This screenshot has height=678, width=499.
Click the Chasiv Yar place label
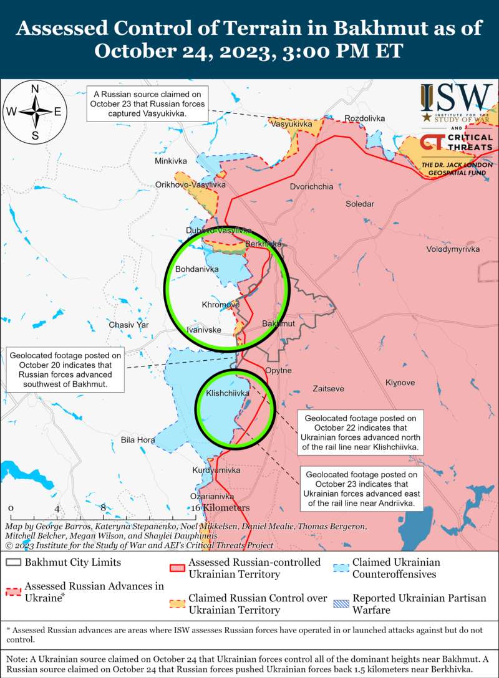point(129,325)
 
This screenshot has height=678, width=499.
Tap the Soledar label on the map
point(361,204)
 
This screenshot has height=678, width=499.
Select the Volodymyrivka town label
point(453,249)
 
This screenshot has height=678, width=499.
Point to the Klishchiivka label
point(228,393)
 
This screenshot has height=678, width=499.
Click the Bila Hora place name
point(138,440)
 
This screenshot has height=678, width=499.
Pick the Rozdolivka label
point(365,118)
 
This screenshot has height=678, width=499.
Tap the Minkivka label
point(171,161)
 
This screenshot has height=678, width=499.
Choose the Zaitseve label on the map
point(328,388)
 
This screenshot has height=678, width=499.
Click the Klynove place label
point(401,382)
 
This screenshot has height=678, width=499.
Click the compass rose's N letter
point(36,88)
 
